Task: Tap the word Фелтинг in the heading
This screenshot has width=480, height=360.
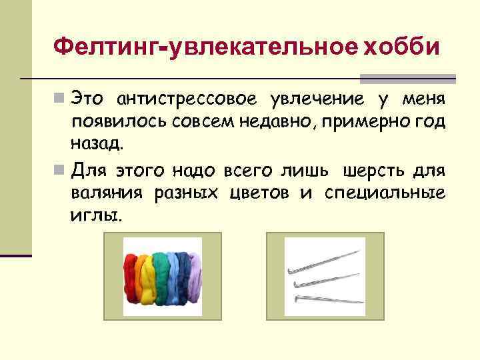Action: coord(110,47)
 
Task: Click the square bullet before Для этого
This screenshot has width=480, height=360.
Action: coord(60,171)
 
